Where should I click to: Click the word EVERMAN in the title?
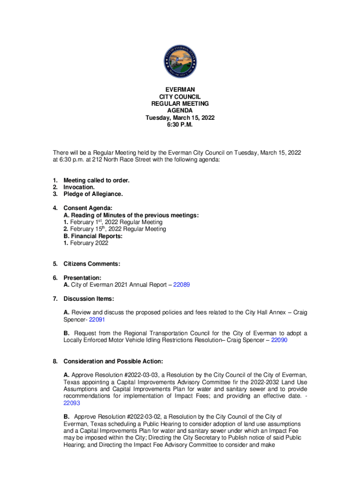click(x=180, y=89)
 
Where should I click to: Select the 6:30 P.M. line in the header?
click(x=180, y=125)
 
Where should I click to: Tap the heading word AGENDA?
click(x=180, y=110)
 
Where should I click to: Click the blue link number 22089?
click(x=181, y=284)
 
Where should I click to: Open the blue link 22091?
click(x=97, y=319)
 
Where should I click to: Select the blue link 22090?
click(x=279, y=341)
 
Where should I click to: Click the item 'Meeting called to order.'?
click(x=96, y=180)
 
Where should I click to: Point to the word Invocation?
click(x=79, y=187)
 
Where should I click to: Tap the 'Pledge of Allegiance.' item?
click(x=93, y=194)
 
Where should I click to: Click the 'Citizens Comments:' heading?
click(x=92, y=264)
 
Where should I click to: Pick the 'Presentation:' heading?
click(x=82, y=277)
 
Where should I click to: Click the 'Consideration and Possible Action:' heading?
click(x=113, y=362)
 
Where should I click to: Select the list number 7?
click(x=55, y=298)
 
